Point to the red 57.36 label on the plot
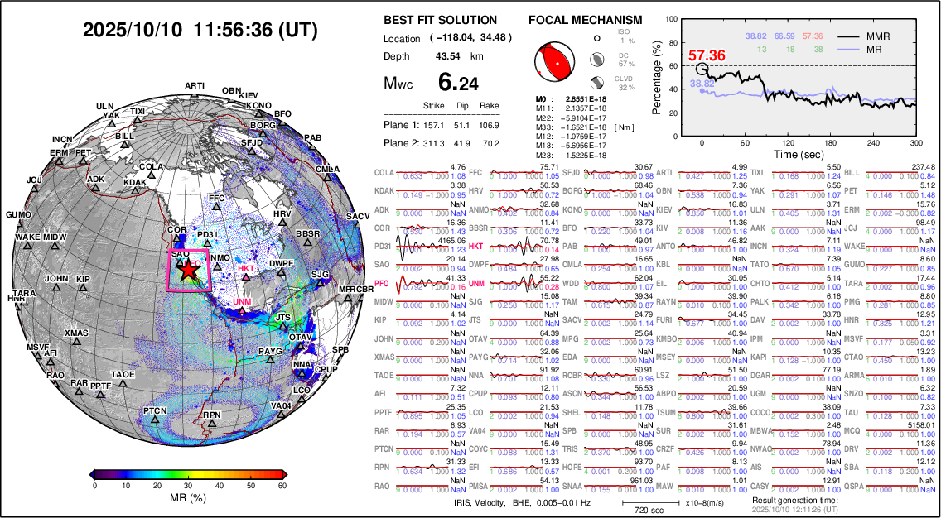(x=707, y=55)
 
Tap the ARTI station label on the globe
(x=195, y=85)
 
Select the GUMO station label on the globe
(x=17, y=214)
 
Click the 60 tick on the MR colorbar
(x=282, y=486)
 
